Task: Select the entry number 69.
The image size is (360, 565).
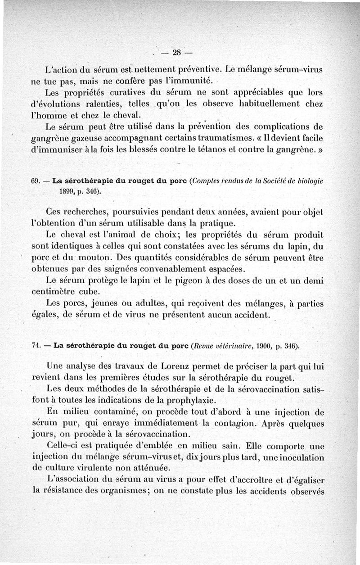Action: (x=36, y=181)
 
